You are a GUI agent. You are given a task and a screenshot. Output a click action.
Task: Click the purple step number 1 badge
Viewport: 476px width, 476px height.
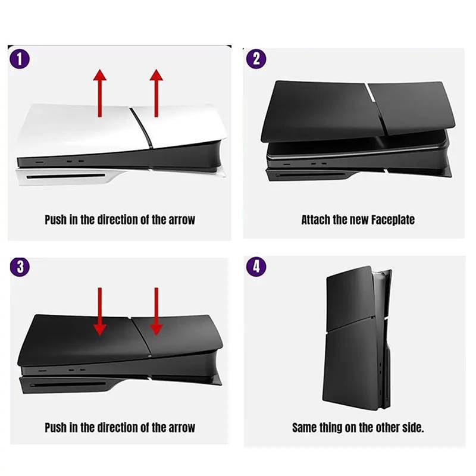click(x=20, y=59)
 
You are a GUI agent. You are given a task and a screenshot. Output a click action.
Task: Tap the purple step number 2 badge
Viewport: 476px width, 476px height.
click(x=256, y=58)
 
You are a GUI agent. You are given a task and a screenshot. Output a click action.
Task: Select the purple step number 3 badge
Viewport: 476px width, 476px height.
click(x=20, y=267)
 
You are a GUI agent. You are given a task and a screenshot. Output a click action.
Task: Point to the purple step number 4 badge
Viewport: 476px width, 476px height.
click(x=256, y=267)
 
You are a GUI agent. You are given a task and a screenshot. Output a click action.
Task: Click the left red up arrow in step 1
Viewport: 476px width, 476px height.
click(x=99, y=93)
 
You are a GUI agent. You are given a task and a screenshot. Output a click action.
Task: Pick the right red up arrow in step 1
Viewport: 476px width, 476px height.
click(x=156, y=93)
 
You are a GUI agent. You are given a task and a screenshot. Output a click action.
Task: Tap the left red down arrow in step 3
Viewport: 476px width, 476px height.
click(x=99, y=311)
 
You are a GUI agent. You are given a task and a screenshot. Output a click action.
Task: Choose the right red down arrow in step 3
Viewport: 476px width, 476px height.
click(x=156, y=311)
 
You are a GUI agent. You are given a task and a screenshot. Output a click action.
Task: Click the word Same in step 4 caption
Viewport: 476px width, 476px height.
click(x=303, y=428)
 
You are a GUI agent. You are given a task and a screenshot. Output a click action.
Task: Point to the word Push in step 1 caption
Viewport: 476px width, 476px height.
click(x=55, y=220)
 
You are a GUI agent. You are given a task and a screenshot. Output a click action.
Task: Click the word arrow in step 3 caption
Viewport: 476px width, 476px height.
click(x=181, y=428)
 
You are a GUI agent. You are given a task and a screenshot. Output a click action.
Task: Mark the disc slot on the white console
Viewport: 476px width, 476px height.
click(x=65, y=176)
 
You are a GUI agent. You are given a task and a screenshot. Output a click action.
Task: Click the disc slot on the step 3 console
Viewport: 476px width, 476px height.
click(x=68, y=384)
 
